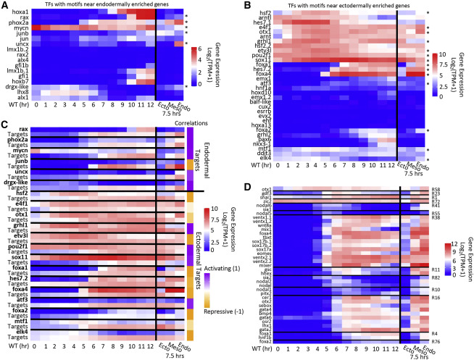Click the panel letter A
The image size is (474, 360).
[5, 6]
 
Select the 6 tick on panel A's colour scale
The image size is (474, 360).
[197, 48]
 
